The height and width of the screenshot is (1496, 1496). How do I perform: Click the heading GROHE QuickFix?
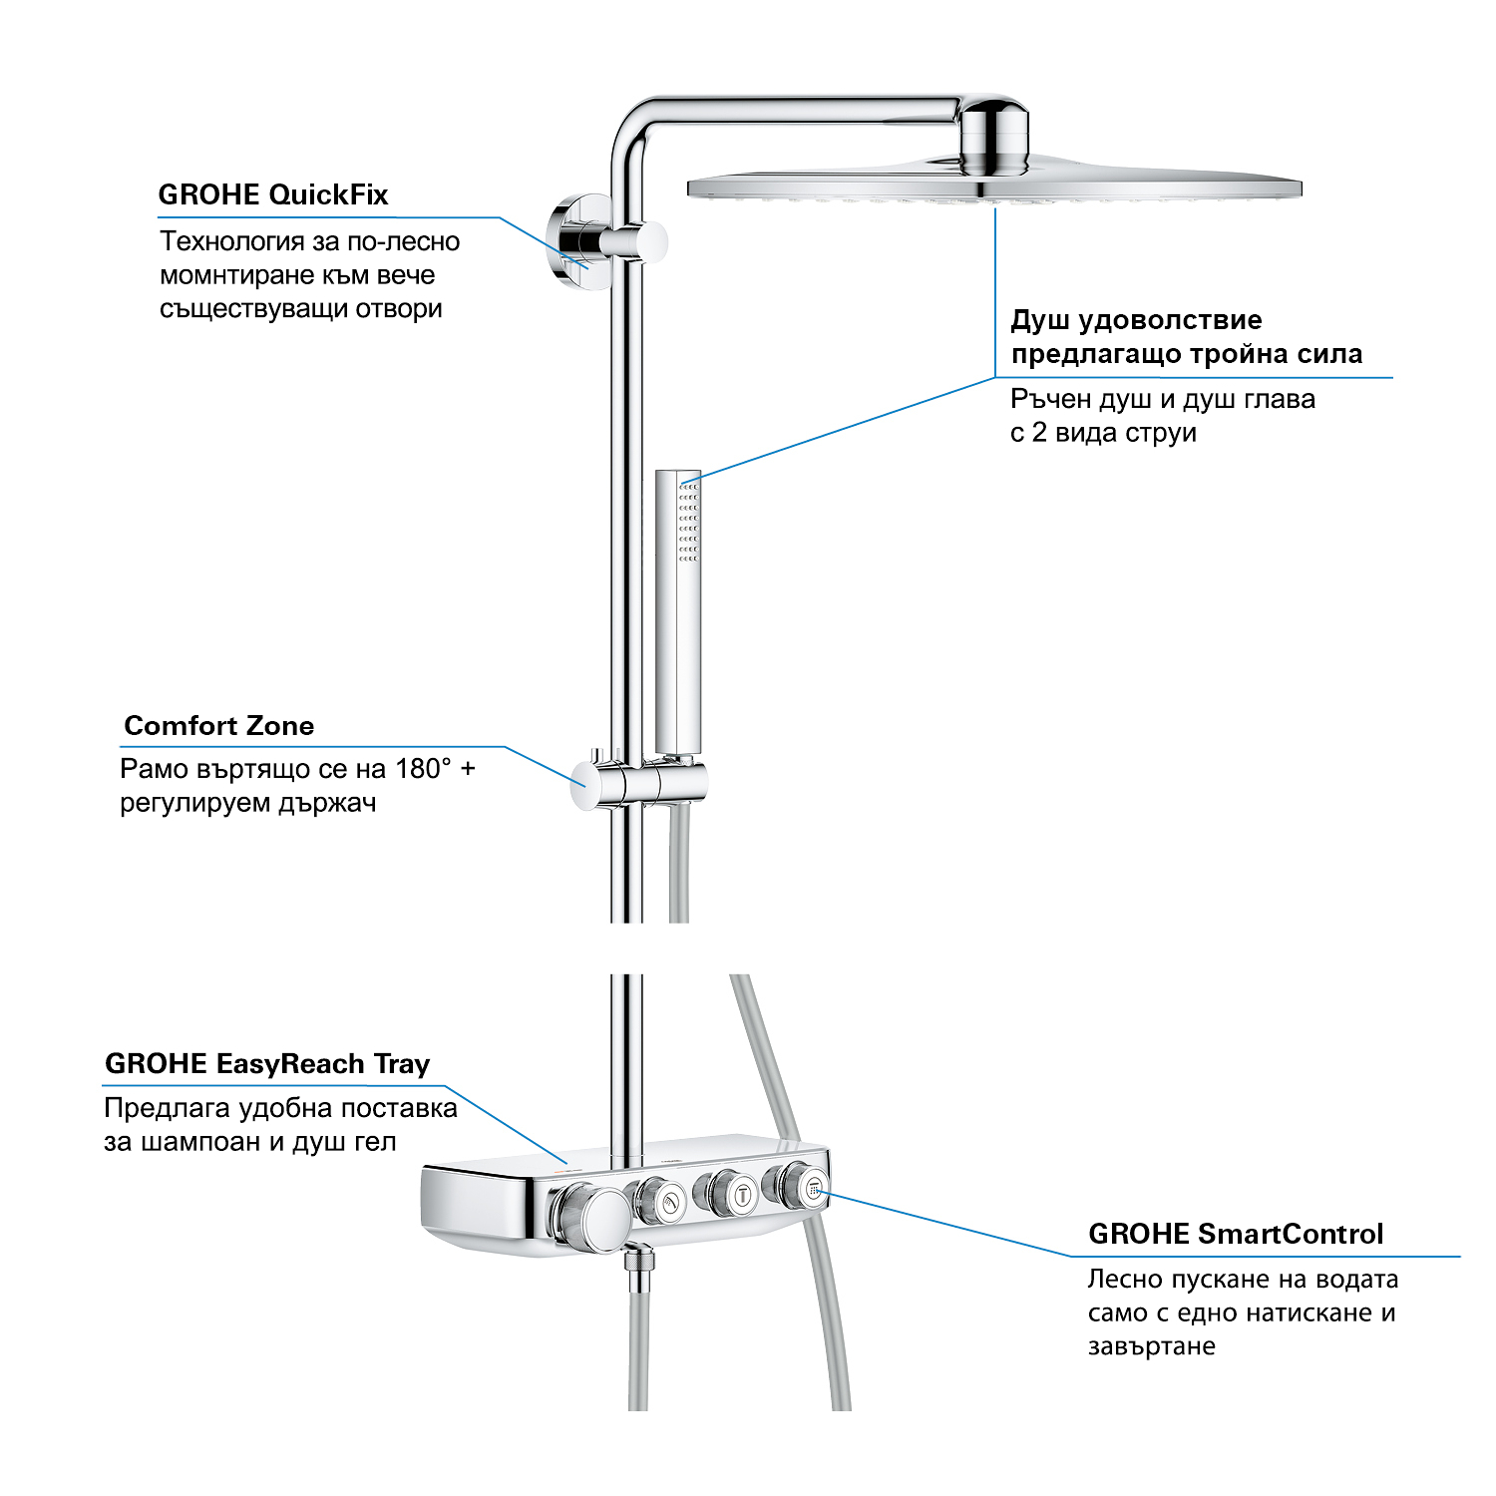click(x=272, y=194)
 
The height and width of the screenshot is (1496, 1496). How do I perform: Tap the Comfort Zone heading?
click(x=218, y=726)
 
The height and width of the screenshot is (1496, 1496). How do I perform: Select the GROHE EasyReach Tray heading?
click(x=267, y=1064)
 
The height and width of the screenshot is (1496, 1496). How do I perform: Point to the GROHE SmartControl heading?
click(x=1236, y=1235)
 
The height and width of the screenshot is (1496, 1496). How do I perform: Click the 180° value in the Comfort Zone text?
click(x=423, y=769)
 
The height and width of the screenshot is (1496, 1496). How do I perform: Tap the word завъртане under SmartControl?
click(x=1152, y=1346)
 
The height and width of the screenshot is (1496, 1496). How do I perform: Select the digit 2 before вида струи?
click(x=1039, y=433)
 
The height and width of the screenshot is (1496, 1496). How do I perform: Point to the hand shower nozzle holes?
click(x=688, y=522)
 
